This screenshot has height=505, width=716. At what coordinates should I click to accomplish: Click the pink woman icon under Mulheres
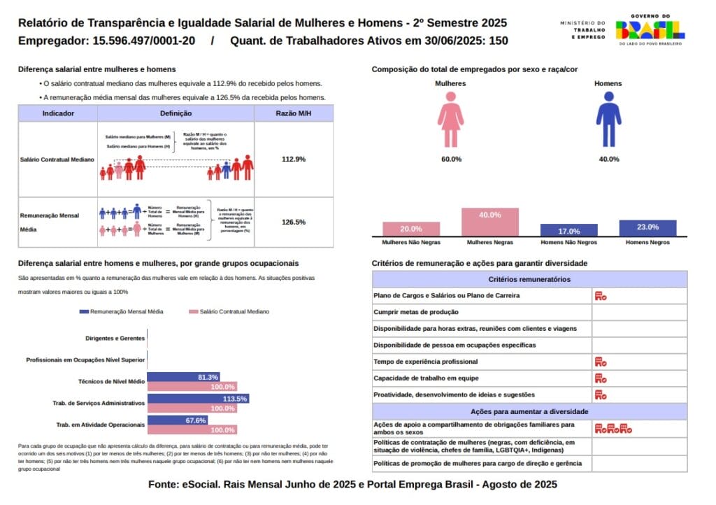pyautogui.click(x=451, y=119)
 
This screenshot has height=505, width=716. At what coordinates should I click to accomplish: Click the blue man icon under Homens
pyautogui.click(x=608, y=119)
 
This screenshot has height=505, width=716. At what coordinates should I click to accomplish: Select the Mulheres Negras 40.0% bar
pyautogui.click(x=489, y=222)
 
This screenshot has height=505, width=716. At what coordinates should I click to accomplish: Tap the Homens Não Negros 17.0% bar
pyautogui.click(x=568, y=230)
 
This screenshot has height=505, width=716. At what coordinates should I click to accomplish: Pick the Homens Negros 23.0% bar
pyautogui.click(x=647, y=228)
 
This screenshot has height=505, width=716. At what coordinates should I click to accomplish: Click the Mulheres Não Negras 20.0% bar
pyautogui.click(x=410, y=229)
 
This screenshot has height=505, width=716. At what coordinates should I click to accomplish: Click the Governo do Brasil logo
pyautogui.click(x=650, y=29)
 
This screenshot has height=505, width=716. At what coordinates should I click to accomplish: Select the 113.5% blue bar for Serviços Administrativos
pyautogui.click(x=198, y=399)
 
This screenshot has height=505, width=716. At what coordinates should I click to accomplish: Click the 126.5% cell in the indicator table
pyautogui.click(x=293, y=222)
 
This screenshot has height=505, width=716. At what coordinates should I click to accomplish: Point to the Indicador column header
pyautogui.click(x=58, y=113)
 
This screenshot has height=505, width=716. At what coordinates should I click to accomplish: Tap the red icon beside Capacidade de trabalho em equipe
pyautogui.click(x=600, y=378)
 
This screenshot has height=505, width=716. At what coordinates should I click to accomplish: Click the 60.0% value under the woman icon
pyautogui.click(x=451, y=159)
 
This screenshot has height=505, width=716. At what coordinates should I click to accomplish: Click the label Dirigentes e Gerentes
pyautogui.click(x=115, y=339)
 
